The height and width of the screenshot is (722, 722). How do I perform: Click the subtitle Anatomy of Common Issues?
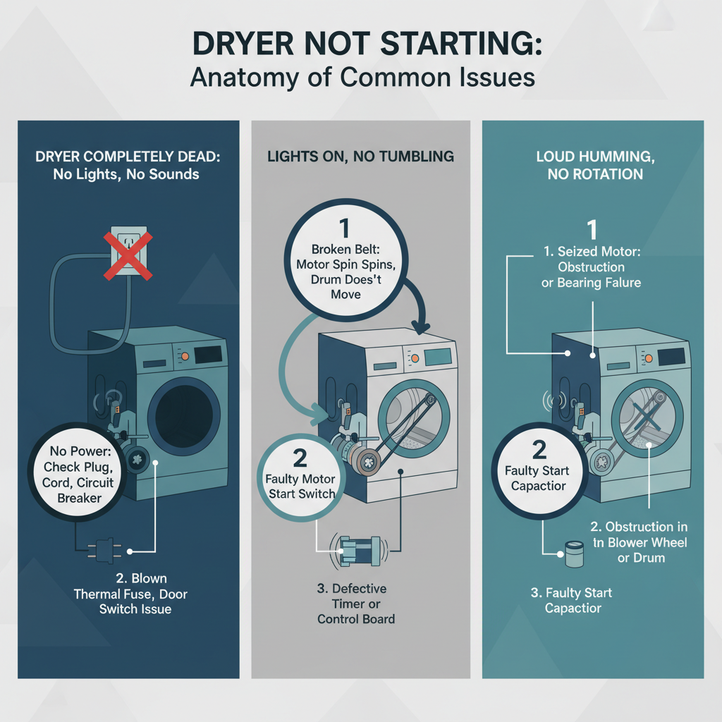click(361, 75)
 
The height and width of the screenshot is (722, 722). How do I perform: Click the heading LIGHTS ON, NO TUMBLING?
click(361, 156)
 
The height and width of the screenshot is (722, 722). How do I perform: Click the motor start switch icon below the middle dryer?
click(360, 549)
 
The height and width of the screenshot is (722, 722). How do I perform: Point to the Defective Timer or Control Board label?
click(356, 604)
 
